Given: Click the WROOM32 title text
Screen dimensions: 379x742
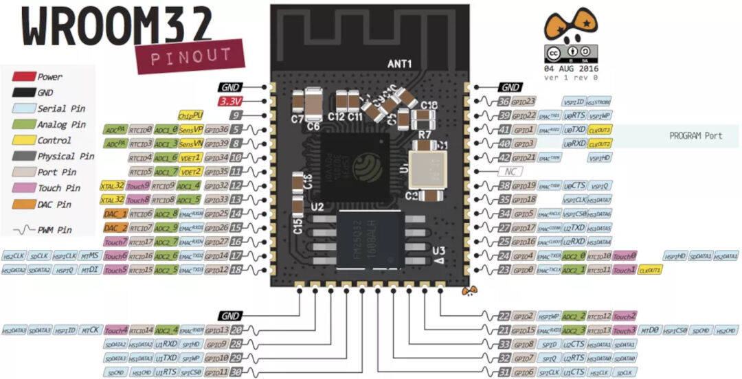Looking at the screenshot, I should click(x=117, y=25).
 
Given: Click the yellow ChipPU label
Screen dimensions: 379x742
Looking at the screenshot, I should click(x=190, y=115).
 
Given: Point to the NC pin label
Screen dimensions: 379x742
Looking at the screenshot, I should click(x=509, y=171).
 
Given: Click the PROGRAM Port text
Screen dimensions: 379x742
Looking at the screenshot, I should click(x=695, y=136).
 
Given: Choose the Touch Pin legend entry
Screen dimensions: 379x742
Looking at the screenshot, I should click(x=58, y=188).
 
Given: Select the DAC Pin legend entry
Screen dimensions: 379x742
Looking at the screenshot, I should click(x=55, y=205).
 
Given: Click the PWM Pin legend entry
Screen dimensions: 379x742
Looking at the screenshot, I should click(x=55, y=231).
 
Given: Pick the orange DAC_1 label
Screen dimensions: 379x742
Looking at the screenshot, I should click(x=114, y=214).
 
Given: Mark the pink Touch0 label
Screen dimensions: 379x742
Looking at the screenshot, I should click(x=624, y=256).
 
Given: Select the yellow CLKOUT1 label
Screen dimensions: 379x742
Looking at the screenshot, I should click(x=649, y=271).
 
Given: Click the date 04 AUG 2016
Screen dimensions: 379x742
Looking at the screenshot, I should click(x=571, y=69).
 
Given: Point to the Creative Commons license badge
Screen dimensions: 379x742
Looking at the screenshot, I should click(x=570, y=53).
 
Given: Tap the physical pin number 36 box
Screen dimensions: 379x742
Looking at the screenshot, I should click(x=504, y=101).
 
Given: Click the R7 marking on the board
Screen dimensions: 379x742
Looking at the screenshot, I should click(x=424, y=134).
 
